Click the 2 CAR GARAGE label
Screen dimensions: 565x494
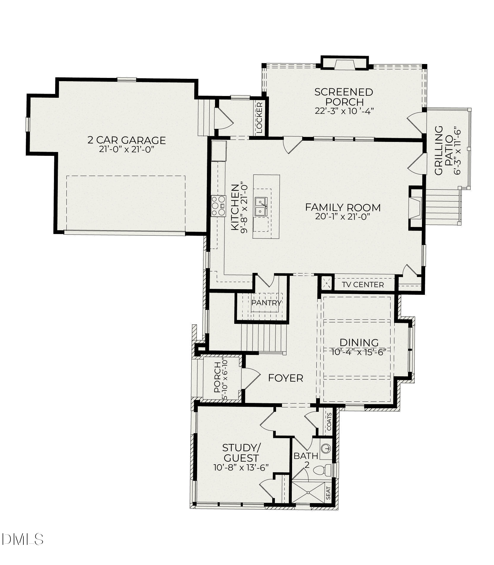coord(126,140)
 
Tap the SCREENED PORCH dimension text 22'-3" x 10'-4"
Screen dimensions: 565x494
coord(344,111)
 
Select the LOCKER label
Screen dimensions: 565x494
coord(259,117)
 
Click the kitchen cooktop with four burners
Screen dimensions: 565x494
coord(219,206)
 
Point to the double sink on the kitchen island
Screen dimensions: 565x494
coord(261,207)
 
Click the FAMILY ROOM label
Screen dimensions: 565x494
coord(343,207)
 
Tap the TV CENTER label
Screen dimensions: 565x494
coord(363,285)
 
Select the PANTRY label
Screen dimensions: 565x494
coord(266,303)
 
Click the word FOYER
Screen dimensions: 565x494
coord(286,378)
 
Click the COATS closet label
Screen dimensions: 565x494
coord(329,422)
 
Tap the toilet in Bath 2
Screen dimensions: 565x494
coord(323,470)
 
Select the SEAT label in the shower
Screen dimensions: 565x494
coord(328,493)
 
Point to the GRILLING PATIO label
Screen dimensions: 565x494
coord(443,150)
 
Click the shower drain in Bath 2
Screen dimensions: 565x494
coord(308,492)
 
